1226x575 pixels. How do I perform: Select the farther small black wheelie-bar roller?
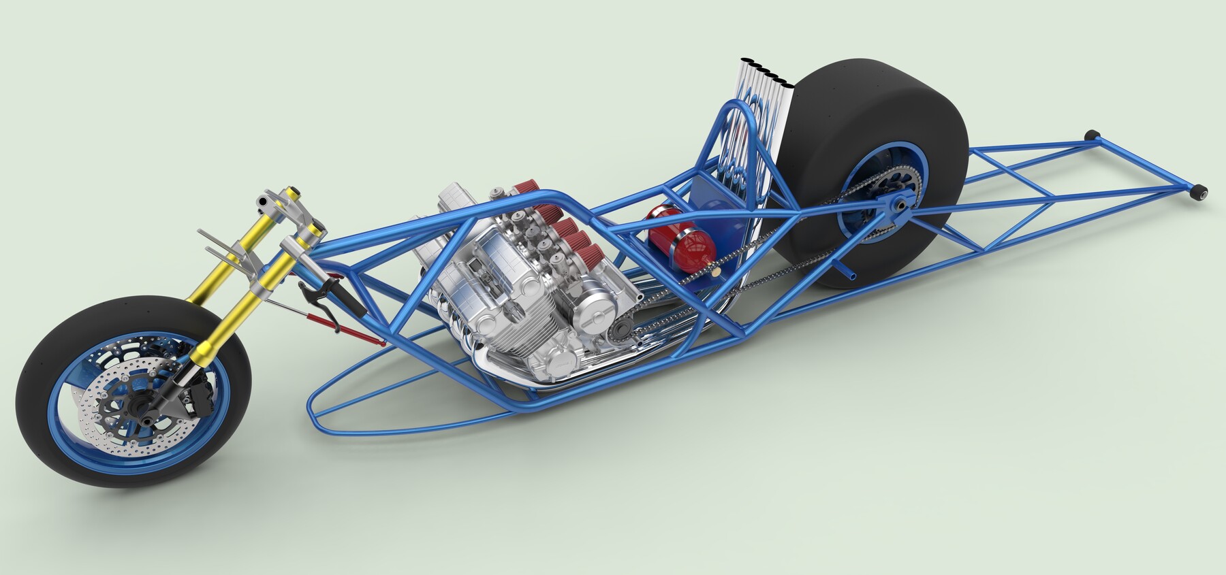coord(1094,135)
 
